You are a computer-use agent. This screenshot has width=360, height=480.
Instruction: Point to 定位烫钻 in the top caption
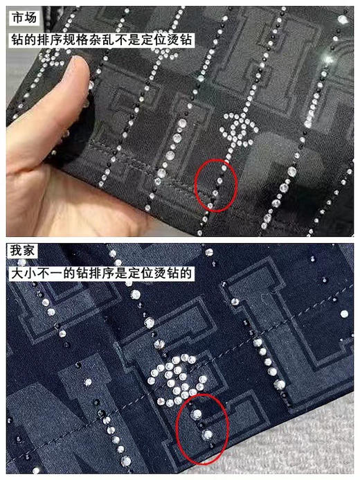tap(167, 40)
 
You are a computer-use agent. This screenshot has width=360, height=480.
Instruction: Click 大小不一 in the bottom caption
tap(35, 274)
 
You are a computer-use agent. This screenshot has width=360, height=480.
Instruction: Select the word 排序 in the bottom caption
tap(100, 274)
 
